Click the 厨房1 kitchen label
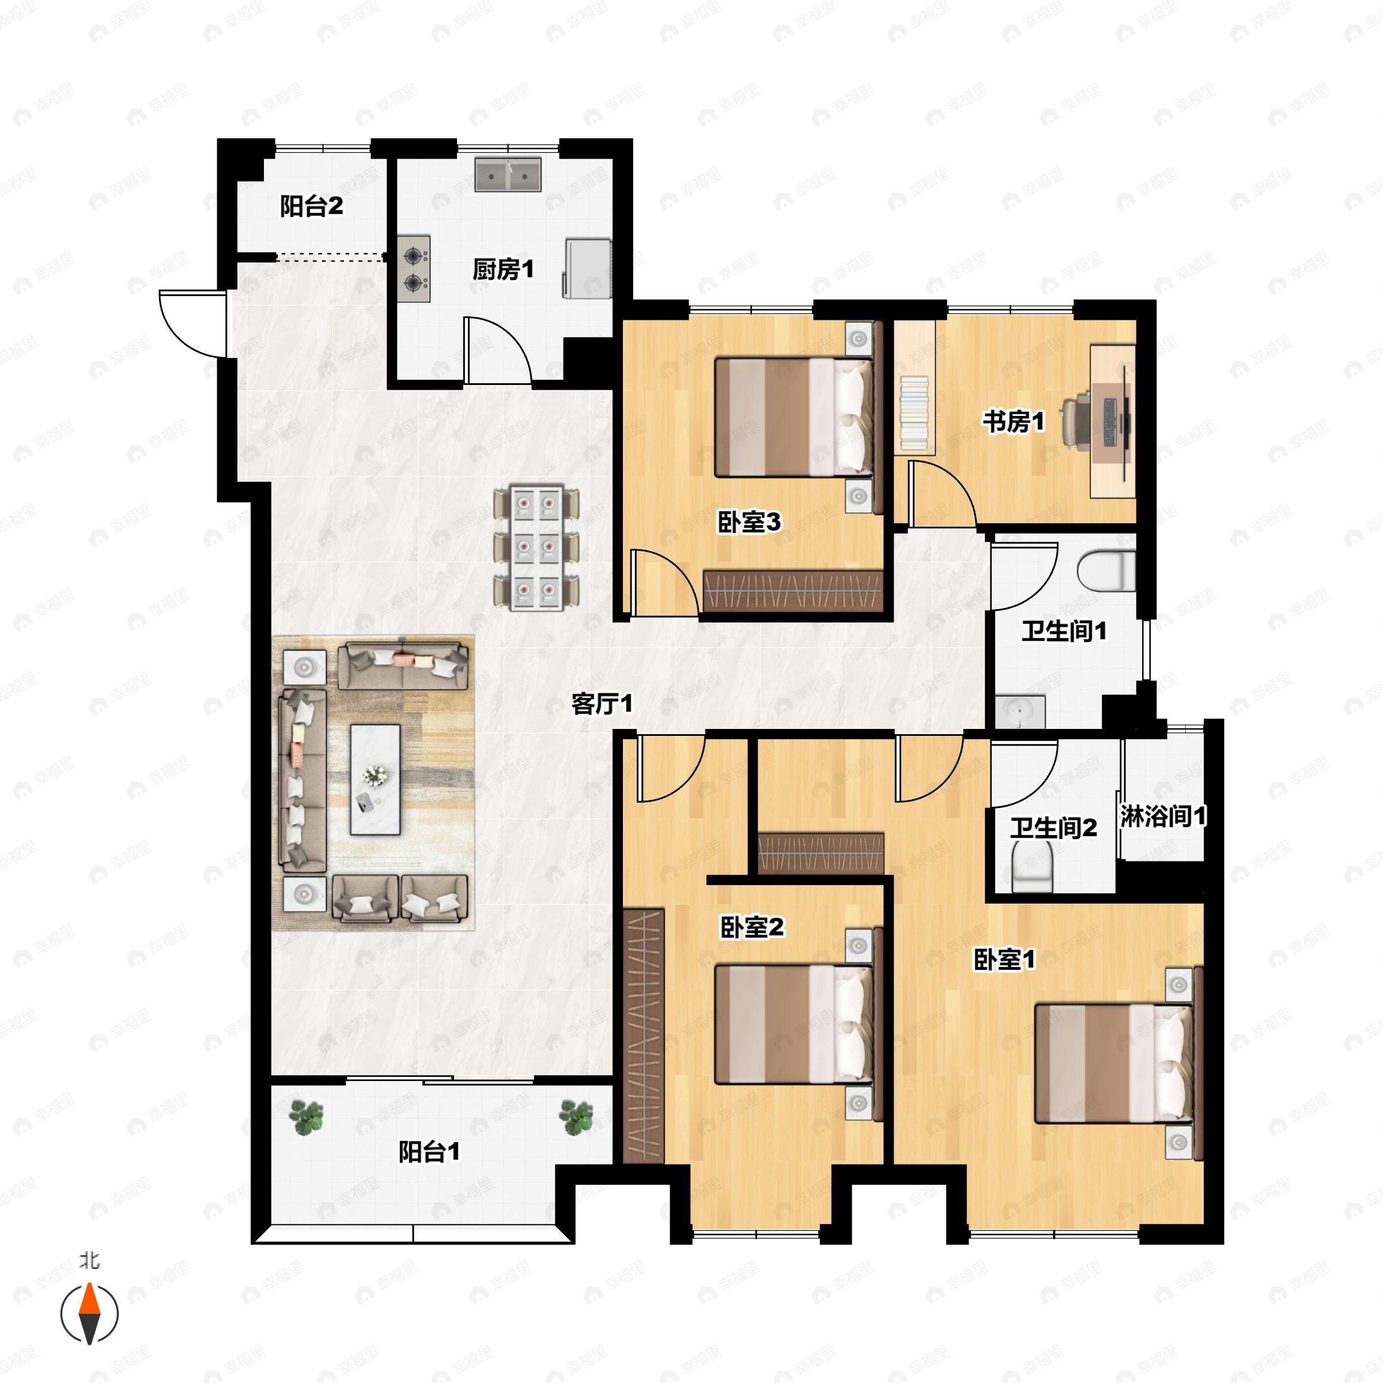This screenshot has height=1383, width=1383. click(x=502, y=270)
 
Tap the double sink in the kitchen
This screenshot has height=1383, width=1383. click(x=508, y=175)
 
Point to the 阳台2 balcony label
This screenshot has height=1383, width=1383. click(x=311, y=207)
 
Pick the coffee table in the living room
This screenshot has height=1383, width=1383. click(x=375, y=780)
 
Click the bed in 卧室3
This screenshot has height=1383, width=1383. click(x=795, y=417)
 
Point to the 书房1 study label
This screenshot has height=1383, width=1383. click(x=1014, y=422)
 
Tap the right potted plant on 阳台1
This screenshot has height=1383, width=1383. click(x=576, y=1117)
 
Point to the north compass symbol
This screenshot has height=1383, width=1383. click(x=89, y=1314)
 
